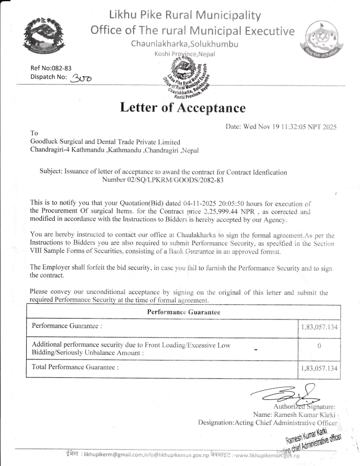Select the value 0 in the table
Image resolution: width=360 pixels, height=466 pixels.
[x=319, y=346]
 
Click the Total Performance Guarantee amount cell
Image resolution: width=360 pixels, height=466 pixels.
[x=319, y=368]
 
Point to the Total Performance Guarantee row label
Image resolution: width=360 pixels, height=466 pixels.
[x=75, y=367]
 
